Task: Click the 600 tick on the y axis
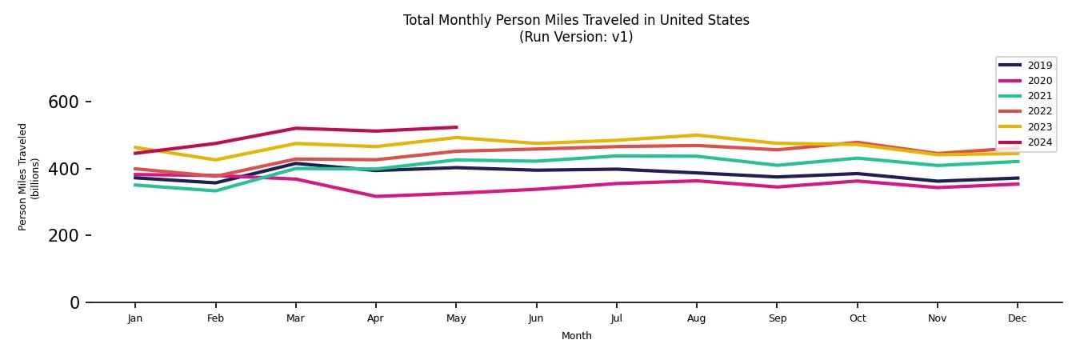coord(63,102)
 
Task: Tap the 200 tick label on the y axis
coord(63,236)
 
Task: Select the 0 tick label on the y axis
coord(74,302)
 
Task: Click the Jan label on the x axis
coord(135,318)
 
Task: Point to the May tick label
coord(456,318)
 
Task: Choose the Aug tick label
coord(697,318)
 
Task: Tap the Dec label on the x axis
coord(1018,318)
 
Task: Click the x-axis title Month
coord(576,336)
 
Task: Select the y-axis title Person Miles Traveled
coord(23,177)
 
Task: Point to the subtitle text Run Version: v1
coord(576,37)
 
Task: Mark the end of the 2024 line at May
coord(456,127)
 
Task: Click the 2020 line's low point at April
coord(375,196)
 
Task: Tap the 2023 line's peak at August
coord(697,135)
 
